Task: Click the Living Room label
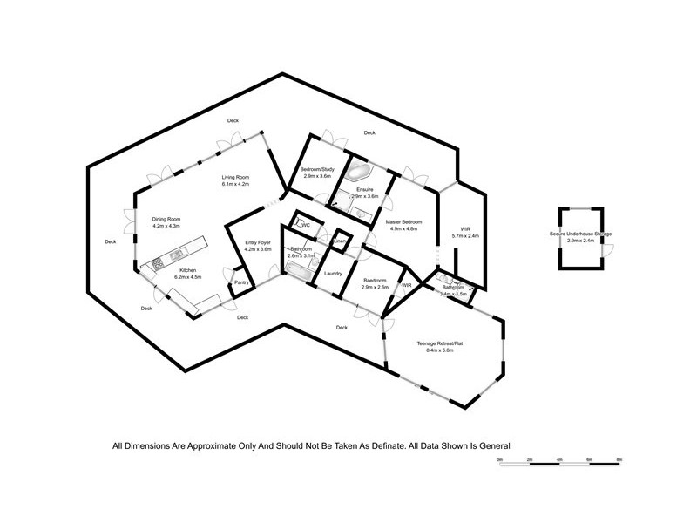click(236, 177)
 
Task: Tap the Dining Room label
click(166, 220)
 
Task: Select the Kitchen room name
click(188, 270)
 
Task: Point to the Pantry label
click(241, 282)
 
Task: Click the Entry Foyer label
click(259, 243)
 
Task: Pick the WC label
click(306, 225)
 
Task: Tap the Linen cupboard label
click(341, 241)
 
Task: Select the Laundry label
click(332, 274)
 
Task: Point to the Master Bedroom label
click(403, 222)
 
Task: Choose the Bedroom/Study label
click(318, 169)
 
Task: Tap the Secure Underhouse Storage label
click(580, 234)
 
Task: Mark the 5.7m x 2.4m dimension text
click(464, 236)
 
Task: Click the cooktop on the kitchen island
click(160, 261)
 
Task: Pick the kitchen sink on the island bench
click(175, 253)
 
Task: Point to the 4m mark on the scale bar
click(558, 458)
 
